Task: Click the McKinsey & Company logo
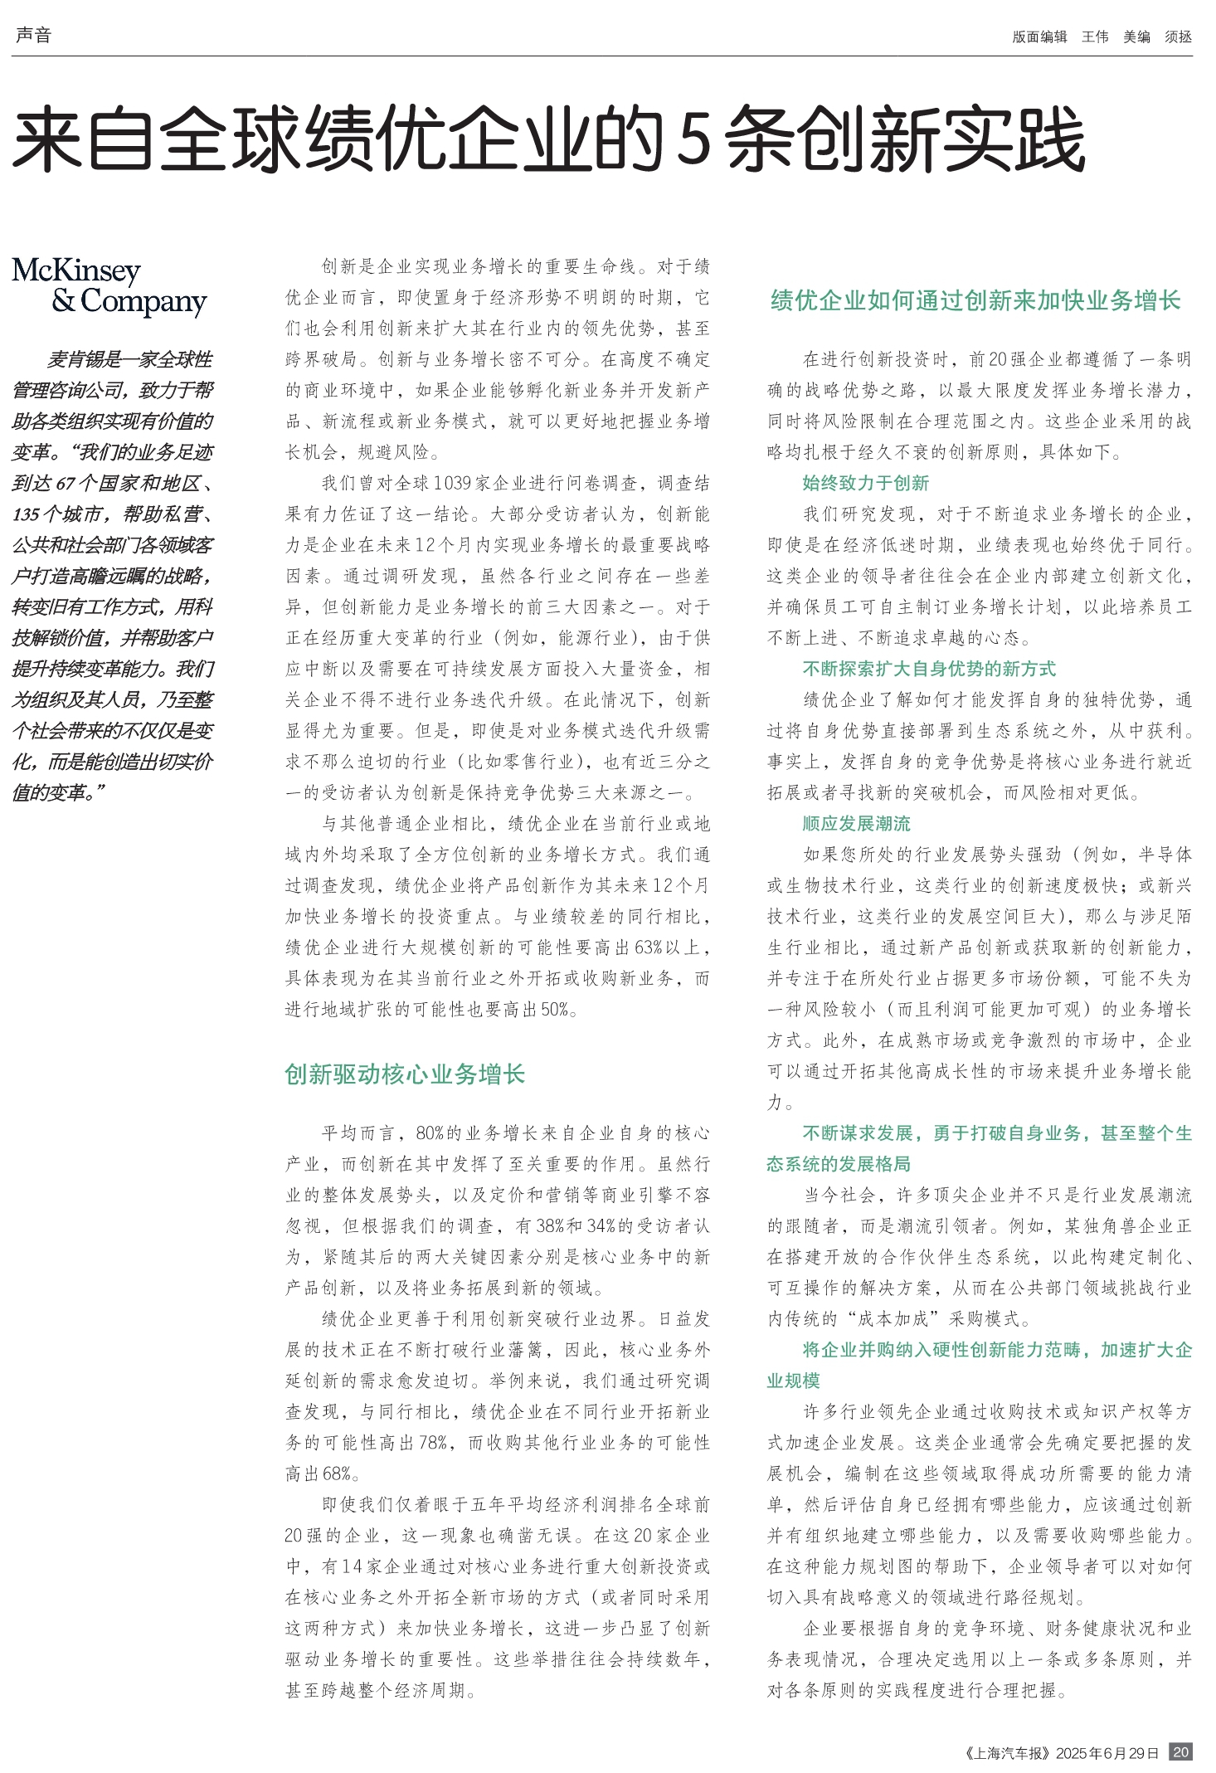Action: coord(109,286)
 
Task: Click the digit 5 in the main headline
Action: coord(693,139)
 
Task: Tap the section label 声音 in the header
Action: coord(33,35)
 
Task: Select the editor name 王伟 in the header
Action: coord(1094,37)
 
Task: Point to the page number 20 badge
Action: coord(1180,1752)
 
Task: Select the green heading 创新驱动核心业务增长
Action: coord(405,1074)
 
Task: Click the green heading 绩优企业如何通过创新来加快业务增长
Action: coord(975,300)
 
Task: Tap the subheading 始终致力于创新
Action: coord(865,483)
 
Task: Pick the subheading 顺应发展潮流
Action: coord(856,824)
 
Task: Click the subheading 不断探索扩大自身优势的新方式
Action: coord(929,669)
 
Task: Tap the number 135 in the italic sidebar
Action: coord(27,514)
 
